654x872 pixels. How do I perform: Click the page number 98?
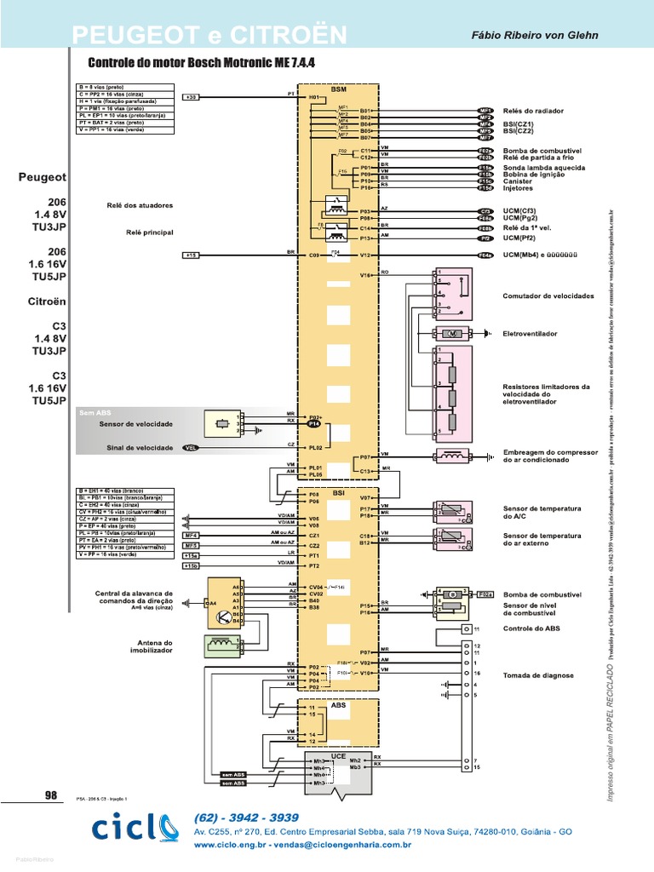[50, 795]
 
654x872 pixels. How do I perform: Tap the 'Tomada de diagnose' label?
[538, 675]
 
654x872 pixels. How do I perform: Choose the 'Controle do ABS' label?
[531, 628]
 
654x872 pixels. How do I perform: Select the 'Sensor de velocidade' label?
[136, 423]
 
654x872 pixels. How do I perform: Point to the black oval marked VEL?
[190, 447]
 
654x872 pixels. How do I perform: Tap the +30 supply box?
[192, 97]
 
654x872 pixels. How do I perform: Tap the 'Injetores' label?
[518, 188]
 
